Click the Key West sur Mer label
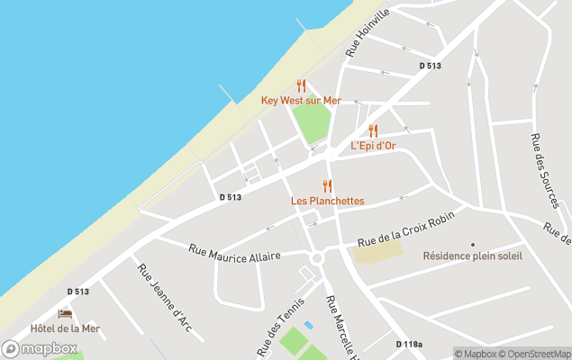click(x=301, y=101)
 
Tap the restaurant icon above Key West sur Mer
click(x=301, y=86)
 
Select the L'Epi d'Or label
click(x=373, y=146)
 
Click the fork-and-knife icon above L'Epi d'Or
click(x=373, y=131)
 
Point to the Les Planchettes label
click(x=327, y=201)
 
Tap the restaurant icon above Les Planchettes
click(x=327, y=186)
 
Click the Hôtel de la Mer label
click(x=65, y=328)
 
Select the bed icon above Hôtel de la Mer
click(x=65, y=314)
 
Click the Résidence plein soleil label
click(x=472, y=256)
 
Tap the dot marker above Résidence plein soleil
click(x=472, y=244)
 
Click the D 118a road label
click(x=409, y=344)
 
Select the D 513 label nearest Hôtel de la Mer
click(x=77, y=292)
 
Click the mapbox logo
click(x=40, y=348)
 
